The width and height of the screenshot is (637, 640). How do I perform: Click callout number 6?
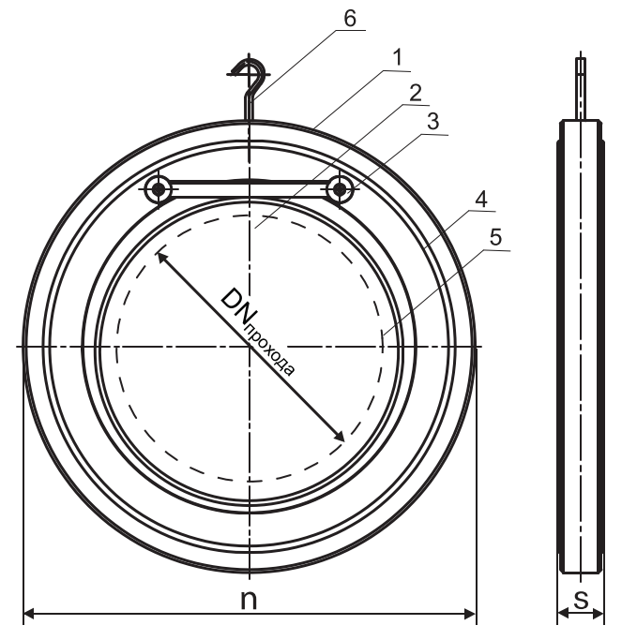pos(350,19)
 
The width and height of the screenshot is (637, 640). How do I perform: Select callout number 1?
pos(397,57)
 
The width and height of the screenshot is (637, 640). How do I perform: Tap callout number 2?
pos(416,93)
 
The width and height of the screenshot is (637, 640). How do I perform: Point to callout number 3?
pos(432,122)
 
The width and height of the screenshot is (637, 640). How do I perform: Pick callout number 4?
pos(481,200)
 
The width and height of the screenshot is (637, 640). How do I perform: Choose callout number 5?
pos(495,237)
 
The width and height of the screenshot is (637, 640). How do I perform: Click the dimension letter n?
pos(249,599)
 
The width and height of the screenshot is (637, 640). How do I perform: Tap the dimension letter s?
pos(581,599)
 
